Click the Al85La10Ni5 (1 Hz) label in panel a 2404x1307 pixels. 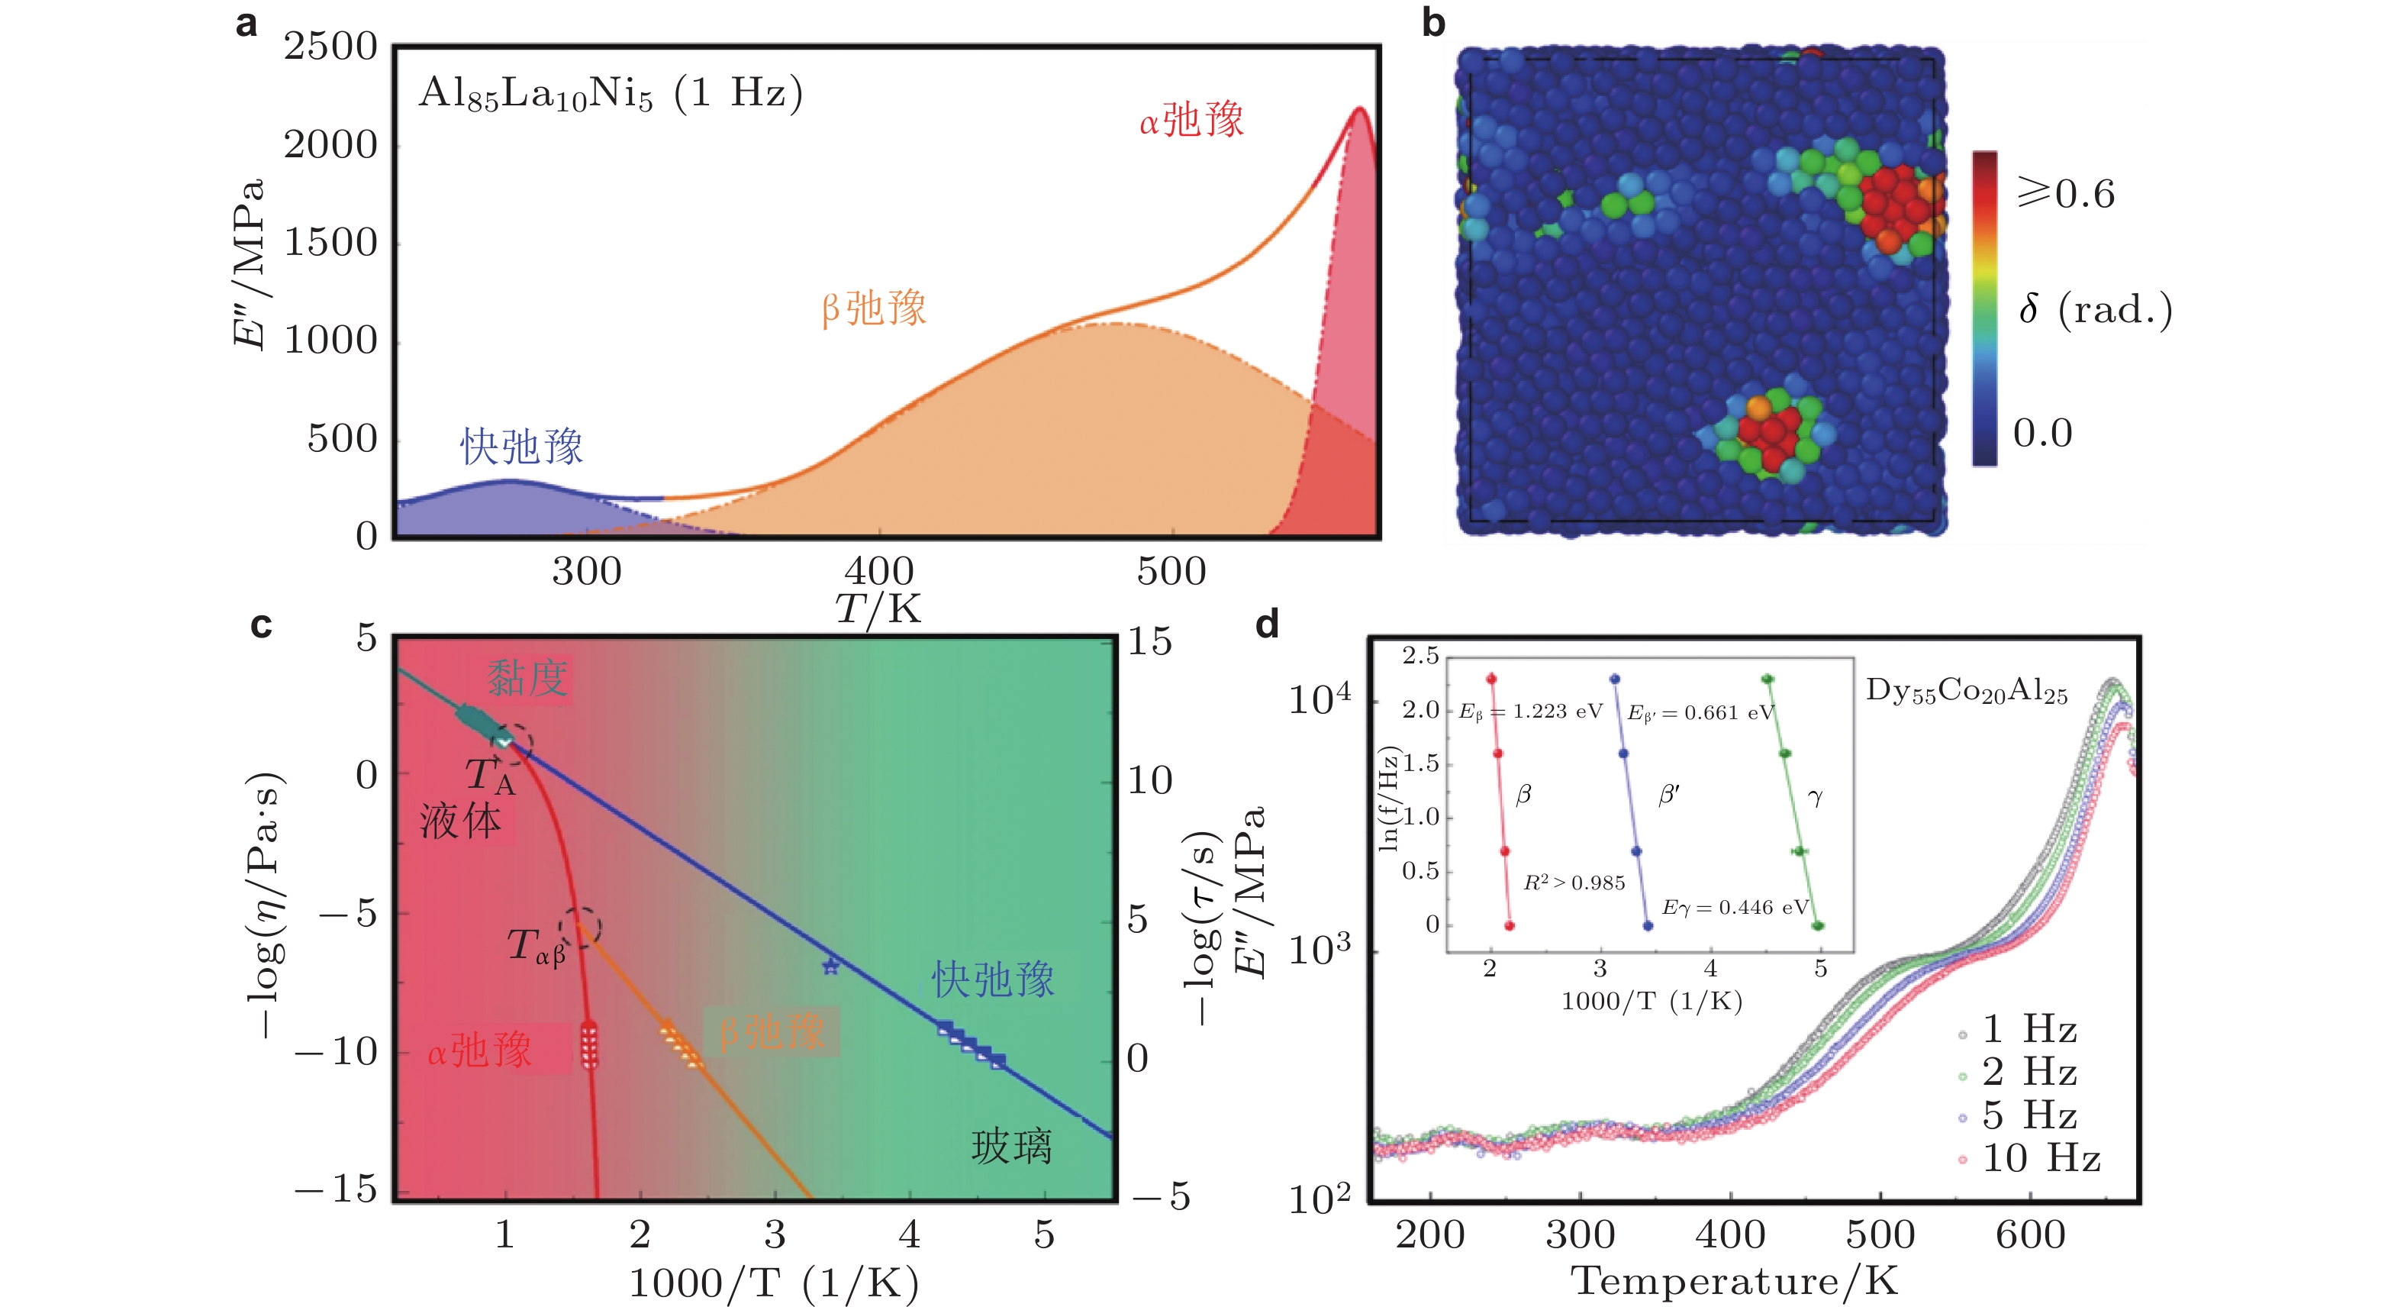tap(611, 93)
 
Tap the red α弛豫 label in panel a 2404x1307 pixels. tap(1192, 121)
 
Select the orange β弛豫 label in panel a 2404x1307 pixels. tap(874, 308)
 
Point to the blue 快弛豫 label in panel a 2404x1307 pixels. tap(522, 447)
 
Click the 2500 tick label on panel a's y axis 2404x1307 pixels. tap(330, 47)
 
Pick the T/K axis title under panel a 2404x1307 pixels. tap(877, 608)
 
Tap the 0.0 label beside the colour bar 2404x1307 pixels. tap(2042, 433)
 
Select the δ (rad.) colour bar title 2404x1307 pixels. tap(2095, 309)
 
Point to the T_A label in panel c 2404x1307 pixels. tap(490, 775)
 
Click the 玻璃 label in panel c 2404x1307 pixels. tap(1012, 1147)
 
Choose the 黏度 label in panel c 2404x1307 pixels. tap(527, 678)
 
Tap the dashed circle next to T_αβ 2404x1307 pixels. tap(581, 927)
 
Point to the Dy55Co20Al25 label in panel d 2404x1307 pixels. tap(1966, 691)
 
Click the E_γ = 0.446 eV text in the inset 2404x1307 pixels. tap(1735, 908)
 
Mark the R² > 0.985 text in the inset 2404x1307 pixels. tap(1574, 883)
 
